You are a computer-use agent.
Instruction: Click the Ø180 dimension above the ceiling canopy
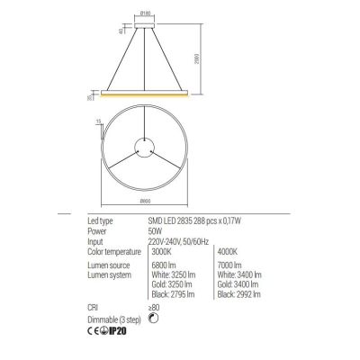[x=143, y=14]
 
